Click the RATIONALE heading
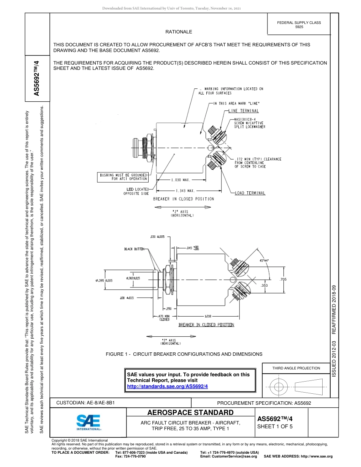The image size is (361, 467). (x=179, y=32)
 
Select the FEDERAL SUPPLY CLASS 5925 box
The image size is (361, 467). (x=299, y=25)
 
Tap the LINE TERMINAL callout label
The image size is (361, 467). (x=244, y=111)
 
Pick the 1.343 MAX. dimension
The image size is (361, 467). (x=185, y=191)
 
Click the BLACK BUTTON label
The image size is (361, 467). (x=135, y=249)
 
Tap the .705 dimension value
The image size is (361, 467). (x=283, y=279)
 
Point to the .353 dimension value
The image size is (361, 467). (x=264, y=285)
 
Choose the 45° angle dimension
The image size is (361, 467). (x=263, y=260)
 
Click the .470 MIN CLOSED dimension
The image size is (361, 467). (x=164, y=318)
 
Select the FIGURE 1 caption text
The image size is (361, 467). (x=184, y=354)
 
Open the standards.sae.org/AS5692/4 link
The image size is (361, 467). (x=167, y=386)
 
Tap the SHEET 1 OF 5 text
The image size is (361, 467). (x=275, y=426)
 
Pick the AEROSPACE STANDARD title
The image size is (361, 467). (x=190, y=412)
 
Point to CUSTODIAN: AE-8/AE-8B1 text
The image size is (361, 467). (x=85, y=403)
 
